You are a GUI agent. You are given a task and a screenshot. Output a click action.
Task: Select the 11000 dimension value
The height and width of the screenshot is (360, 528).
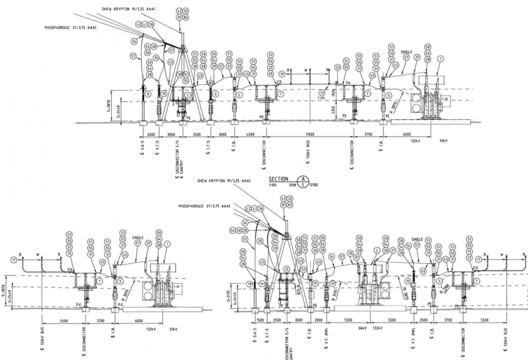pyautogui.click(x=309, y=134)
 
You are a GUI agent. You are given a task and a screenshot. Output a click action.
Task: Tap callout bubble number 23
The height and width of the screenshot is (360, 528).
pyautogui.click(x=337, y=67)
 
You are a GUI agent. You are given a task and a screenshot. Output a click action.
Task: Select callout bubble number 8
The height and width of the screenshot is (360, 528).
pyautogui.click(x=148, y=94)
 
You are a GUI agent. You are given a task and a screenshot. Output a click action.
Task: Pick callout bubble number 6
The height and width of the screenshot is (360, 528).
pyautogui.click(x=215, y=94)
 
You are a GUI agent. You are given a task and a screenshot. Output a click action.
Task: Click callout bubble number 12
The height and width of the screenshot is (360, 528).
pyautogui.click(x=286, y=269)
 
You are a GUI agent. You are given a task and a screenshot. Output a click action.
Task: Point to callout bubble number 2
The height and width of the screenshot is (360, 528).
pyautogui.click(x=376, y=251)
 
